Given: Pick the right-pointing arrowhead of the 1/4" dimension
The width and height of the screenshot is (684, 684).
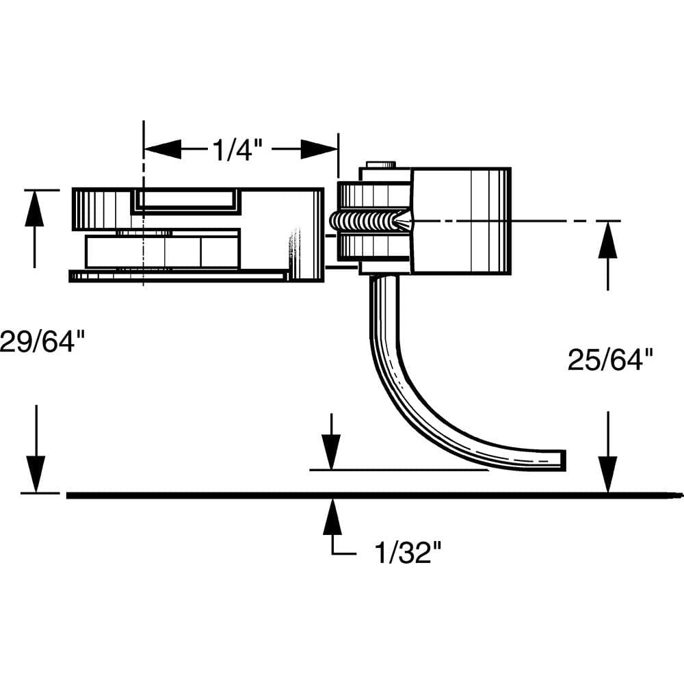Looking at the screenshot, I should click(x=319, y=149).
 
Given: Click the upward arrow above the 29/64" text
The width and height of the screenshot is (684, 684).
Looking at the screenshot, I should click(x=34, y=209).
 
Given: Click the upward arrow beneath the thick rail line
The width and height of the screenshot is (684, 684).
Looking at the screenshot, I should click(x=332, y=516).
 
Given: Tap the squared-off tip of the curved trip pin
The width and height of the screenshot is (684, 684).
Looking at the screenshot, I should click(x=561, y=460).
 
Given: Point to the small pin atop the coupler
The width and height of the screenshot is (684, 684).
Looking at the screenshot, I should click(x=380, y=165).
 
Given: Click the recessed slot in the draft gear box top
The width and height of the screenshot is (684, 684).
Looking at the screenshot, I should click(x=186, y=199).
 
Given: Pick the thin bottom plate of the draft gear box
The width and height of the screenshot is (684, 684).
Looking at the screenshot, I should click(x=178, y=276).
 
